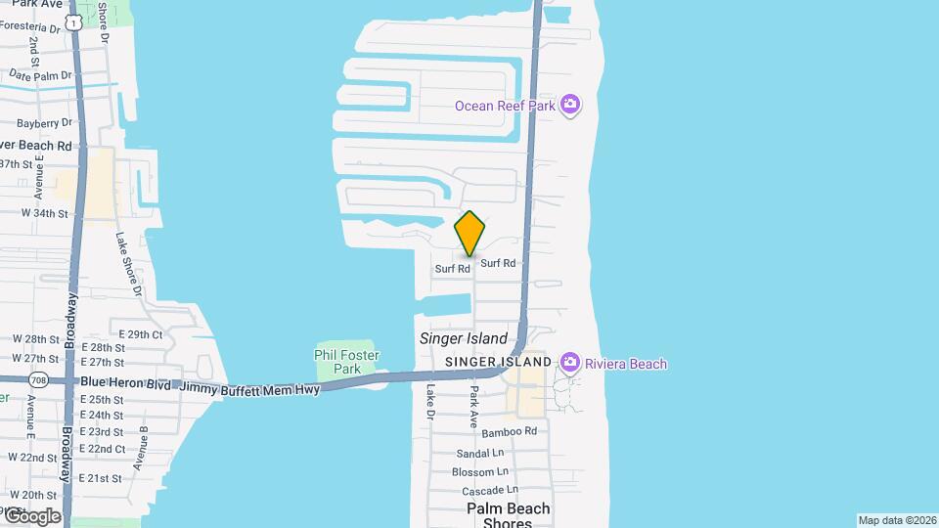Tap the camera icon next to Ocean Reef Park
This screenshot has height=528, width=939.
click(571, 105)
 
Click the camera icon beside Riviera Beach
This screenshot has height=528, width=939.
click(570, 364)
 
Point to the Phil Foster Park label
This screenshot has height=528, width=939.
click(338, 362)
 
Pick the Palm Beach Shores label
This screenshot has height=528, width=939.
click(508, 515)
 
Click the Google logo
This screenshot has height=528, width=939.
click(31, 515)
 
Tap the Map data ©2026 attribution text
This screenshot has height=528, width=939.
click(897, 520)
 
